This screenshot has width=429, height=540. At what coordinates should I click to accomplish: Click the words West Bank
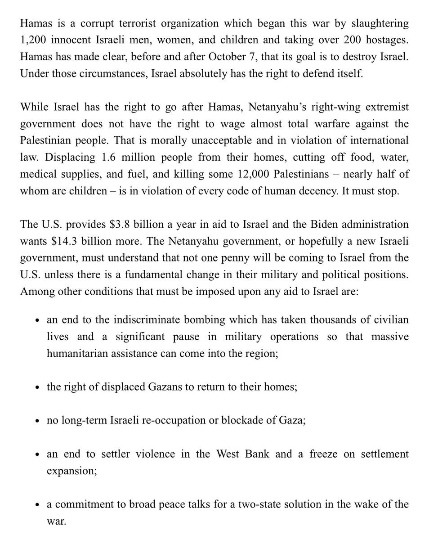coord(246,454)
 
